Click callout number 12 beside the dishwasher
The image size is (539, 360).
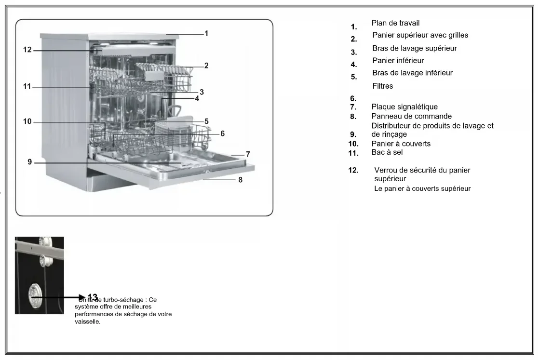coord(27,50)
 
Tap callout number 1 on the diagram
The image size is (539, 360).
coord(206,33)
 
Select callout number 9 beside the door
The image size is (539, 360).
coord(29,162)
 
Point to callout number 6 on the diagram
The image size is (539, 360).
coord(222,133)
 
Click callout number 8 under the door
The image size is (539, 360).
coord(240,180)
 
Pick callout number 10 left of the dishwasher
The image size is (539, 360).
coord(27,121)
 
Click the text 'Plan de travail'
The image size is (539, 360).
coord(395,23)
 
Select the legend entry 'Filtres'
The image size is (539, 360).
coord(382,86)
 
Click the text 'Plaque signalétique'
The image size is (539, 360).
coord(404,107)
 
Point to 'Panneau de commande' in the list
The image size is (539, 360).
coord(411,116)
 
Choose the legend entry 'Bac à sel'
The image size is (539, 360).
coord(387,152)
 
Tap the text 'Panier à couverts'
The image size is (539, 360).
coord(401,144)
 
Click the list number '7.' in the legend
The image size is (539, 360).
coord(353,107)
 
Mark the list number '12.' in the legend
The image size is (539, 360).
coord(353,170)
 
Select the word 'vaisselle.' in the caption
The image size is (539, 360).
coord(88,321)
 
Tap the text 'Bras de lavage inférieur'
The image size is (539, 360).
coord(412,73)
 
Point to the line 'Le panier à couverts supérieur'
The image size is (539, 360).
coord(422,188)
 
